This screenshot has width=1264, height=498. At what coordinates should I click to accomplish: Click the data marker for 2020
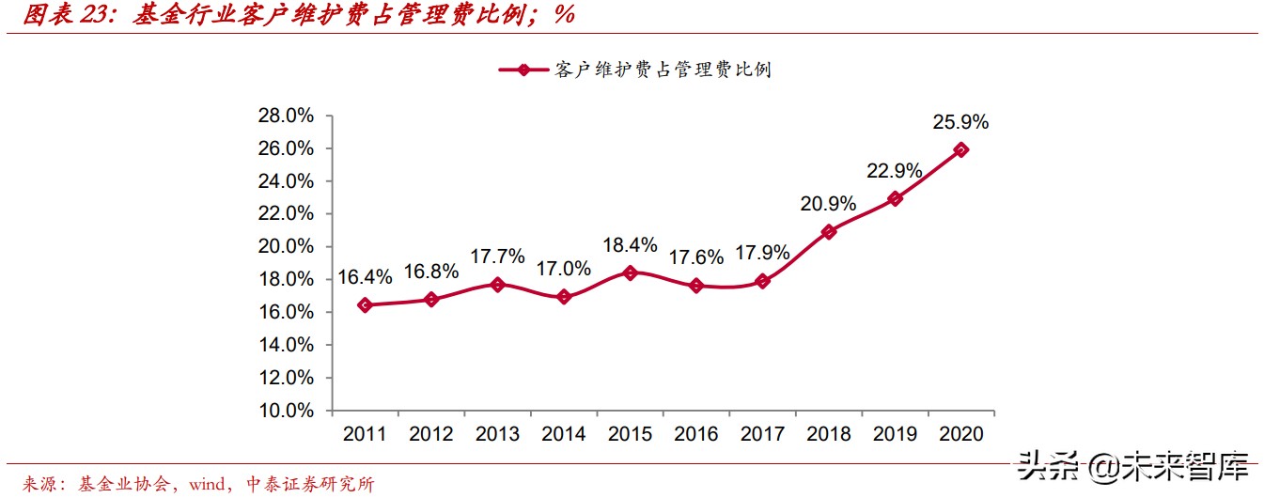tap(960, 149)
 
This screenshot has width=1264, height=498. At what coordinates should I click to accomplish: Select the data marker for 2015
tap(630, 272)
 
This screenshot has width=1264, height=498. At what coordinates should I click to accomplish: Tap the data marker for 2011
tap(366, 305)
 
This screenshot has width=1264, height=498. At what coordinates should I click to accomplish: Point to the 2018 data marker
tap(828, 231)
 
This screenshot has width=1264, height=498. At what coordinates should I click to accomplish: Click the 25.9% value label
tap(960, 122)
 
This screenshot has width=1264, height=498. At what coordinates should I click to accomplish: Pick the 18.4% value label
tap(630, 245)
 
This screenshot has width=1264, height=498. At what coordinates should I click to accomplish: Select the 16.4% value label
tap(366, 278)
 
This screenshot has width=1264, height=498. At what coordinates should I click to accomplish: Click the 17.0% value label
tap(564, 269)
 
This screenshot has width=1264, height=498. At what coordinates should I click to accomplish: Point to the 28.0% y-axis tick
tap(286, 116)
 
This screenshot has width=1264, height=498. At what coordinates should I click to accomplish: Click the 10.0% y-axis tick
tap(286, 411)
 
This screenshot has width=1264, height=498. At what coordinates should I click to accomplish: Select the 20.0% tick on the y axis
tap(286, 247)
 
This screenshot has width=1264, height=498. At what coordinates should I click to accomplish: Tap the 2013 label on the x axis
tap(498, 434)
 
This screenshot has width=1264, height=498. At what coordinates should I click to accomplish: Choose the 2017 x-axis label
tap(762, 434)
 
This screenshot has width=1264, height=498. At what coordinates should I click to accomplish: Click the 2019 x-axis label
tap(894, 434)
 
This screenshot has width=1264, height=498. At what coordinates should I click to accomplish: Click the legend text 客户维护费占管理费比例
tap(663, 70)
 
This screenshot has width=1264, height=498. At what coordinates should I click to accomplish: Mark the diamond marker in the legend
tap(523, 70)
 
